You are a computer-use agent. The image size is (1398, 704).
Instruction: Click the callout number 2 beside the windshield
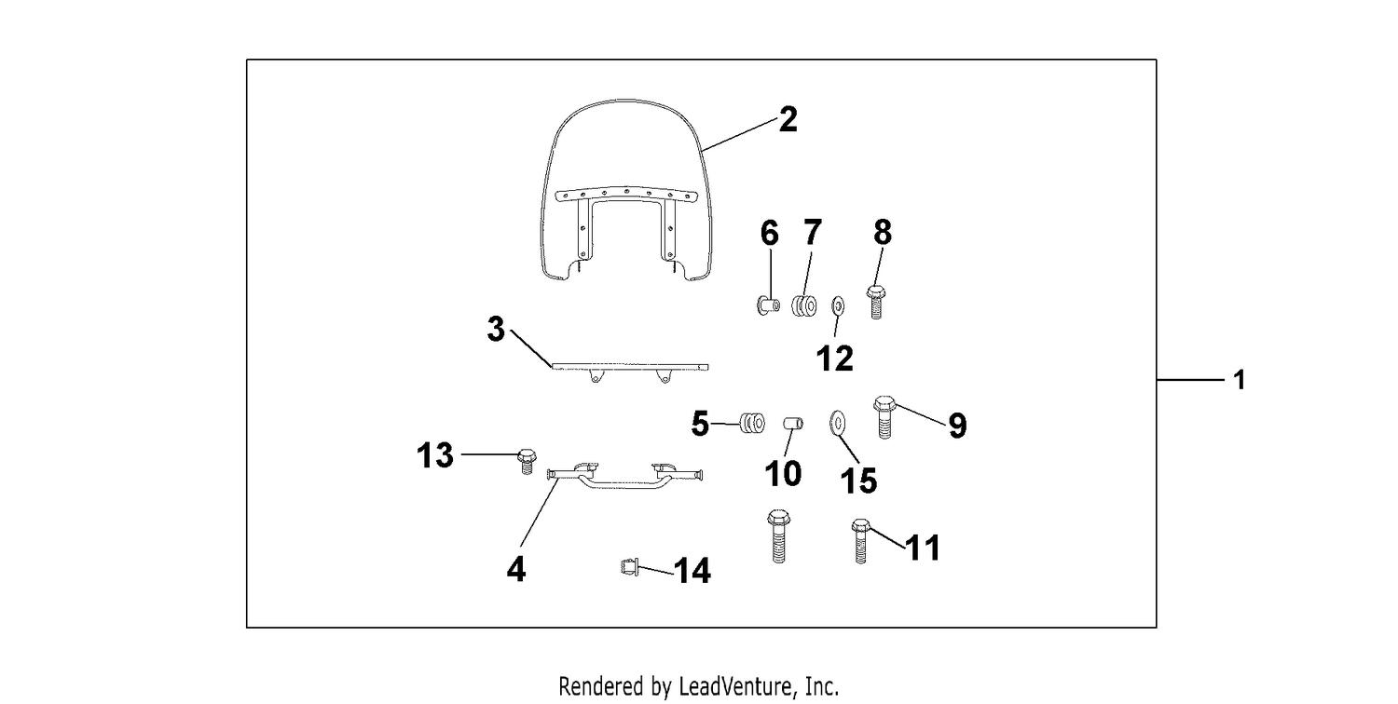(x=788, y=119)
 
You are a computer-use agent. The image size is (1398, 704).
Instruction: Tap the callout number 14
(x=692, y=571)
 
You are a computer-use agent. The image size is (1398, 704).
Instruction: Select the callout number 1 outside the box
(x=1240, y=380)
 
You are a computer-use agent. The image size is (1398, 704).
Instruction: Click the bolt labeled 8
(x=876, y=302)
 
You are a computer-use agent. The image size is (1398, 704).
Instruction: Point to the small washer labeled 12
(x=838, y=305)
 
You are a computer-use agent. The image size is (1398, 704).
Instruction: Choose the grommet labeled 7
(x=804, y=305)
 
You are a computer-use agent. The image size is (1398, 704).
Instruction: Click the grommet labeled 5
(x=752, y=424)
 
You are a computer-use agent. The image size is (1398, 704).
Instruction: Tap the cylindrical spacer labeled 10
(x=793, y=424)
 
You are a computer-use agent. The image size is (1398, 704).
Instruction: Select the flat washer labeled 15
(x=837, y=424)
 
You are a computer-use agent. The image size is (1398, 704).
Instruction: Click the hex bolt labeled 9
(x=884, y=416)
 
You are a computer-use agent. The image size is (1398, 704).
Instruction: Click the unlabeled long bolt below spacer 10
(x=778, y=536)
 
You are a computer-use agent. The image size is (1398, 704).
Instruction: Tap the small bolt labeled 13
(x=527, y=461)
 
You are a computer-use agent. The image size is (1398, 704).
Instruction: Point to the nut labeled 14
(x=629, y=567)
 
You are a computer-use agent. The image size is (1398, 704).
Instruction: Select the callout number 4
(x=516, y=569)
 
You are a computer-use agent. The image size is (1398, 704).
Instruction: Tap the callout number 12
(x=834, y=359)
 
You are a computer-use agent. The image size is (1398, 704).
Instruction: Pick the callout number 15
(x=858, y=481)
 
